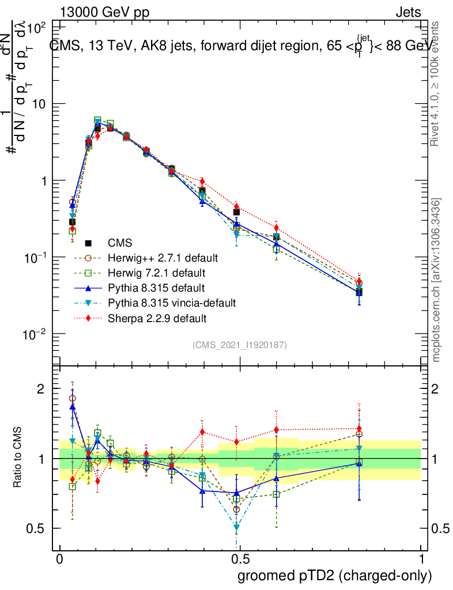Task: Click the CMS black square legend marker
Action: pyautogui.click(x=88, y=242)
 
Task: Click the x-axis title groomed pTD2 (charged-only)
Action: pyautogui.click(x=334, y=576)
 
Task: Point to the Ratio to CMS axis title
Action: pyautogui.click(x=18, y=459)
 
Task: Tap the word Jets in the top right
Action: pyautogui.click(x=408, y=12)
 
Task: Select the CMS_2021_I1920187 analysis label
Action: pyautogui.click(x=240, y=345)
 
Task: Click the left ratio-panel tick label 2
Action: pyautogui.click(x=40, y=389)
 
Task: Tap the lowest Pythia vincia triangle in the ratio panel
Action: pyautogui.click(x=236, y=527)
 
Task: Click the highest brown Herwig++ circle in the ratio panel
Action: pyautogui.click(x=73, y=398)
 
